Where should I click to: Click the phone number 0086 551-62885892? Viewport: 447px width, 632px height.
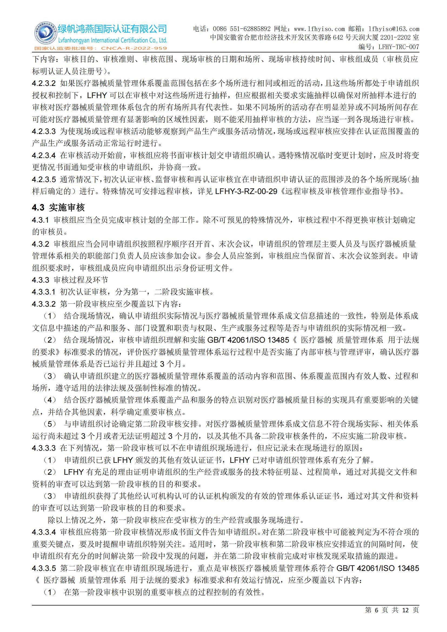(242, 29)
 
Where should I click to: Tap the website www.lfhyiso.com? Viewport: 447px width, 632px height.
(319, 29)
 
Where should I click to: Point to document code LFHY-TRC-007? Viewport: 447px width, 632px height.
(399, 47)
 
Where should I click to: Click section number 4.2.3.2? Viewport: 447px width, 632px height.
(44, 83)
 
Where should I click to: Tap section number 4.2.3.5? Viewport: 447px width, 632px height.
(44, 179)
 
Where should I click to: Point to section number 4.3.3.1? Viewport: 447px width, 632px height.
(44, 292)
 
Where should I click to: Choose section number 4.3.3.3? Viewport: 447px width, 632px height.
(44, 448)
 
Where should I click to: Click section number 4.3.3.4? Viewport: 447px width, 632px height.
(44, 532)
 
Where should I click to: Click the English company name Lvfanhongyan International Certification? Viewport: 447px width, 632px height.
(112, 41)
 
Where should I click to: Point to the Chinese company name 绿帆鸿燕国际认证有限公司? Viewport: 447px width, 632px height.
(112, 29)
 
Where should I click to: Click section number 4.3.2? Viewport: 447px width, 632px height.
(41, 244)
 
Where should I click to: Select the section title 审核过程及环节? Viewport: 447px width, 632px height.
(81, 280)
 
